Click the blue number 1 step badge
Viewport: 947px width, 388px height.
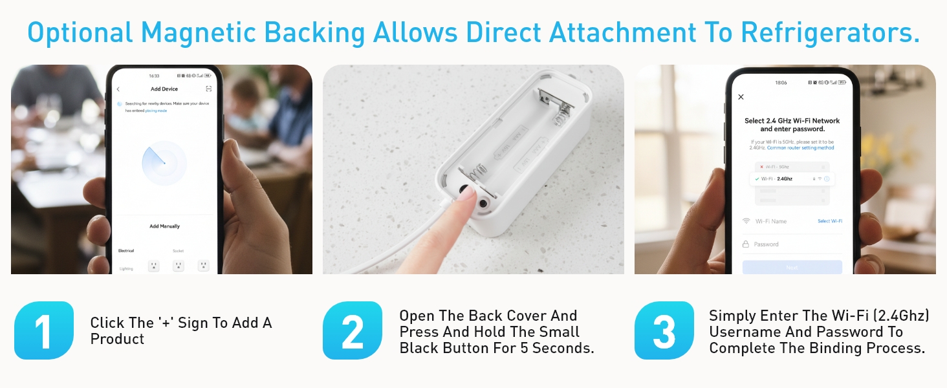pyautogui.click(x=43, y=330)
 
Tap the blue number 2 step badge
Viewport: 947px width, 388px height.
pyautogui.click(x=353, y=330)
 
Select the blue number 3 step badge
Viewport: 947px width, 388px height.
pyautogui.click(x=664, y=330)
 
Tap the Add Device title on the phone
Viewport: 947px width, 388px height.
pyautogui.click(x=164, y=89)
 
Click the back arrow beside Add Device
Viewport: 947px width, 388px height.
pyautogui.click(x=118, y=89)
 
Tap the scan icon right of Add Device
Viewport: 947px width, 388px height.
pyautogui.click(x=208, y=89)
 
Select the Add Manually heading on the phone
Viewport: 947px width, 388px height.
pyautogui.click(x=164, y=226)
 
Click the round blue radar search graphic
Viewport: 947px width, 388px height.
pyautogui.click(x=164, y=163)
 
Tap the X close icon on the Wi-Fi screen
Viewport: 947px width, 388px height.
pyautogui.click(x=741, y=97)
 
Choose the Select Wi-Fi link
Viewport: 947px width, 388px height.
pyautogui.click(x=830, y=221)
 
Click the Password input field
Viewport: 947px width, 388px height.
pyautogui.click(x=792, y=244)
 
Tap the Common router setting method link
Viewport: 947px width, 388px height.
pyautogui.click(x=801, y=148)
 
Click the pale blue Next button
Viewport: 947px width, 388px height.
pyautogui.click(x=792, y=267)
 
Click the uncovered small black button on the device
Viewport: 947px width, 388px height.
pyautogui.click(x=483, y=203)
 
